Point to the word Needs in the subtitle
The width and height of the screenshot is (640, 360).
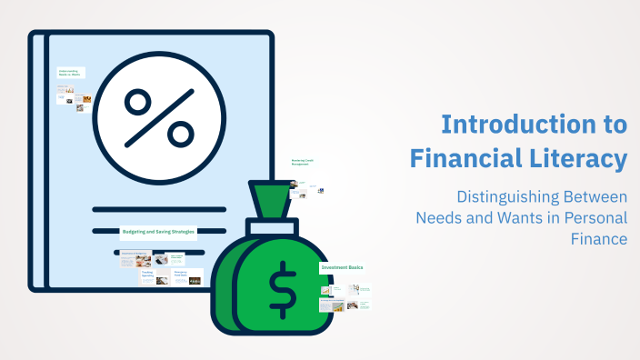click(x=438, y=218)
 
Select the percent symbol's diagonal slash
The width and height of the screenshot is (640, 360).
click(x=159, y=116)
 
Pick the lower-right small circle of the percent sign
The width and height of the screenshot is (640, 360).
click(x=178, y=132)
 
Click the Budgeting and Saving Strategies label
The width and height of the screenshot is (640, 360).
click(x=159, y=231)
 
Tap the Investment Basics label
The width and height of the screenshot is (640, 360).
click(x=342, y=268)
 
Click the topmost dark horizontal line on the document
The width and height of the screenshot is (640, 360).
click(x=159, y=208)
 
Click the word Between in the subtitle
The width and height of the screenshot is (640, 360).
click(x=594, y=196)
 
